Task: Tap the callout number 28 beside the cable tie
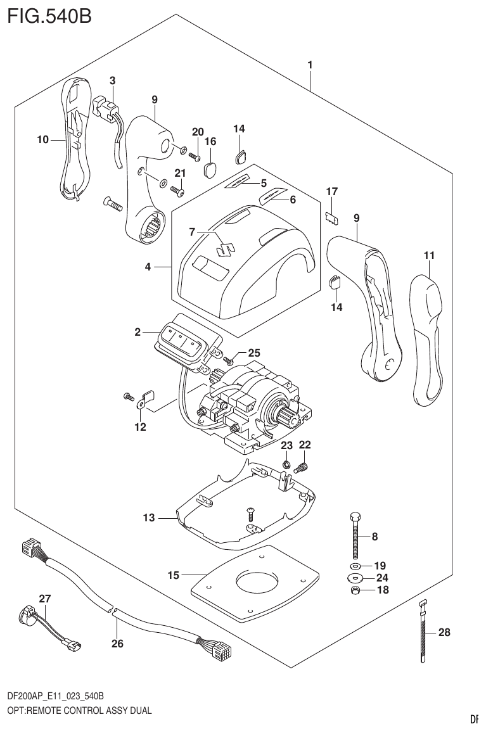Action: coord(444,632)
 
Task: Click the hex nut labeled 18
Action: coord(356,590)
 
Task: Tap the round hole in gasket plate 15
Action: coord(257,583)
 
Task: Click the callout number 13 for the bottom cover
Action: coord(148,518)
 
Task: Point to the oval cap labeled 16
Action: coord(210,168)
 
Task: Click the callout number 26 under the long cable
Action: coord(117,644)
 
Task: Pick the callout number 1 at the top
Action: coord(310,65)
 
